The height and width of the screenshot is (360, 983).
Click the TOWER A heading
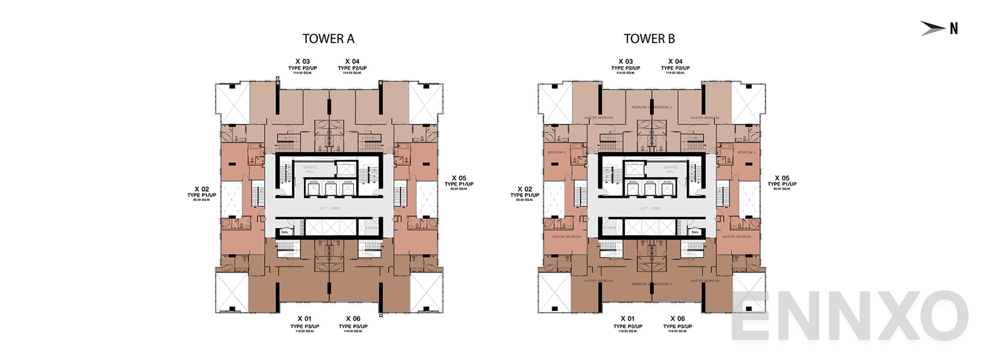[328, 39]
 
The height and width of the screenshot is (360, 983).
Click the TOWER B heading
[649, 39]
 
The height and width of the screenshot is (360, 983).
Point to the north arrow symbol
[933, 28]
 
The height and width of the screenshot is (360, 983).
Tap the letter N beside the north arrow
[954, 28]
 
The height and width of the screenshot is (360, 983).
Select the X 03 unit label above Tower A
[302, 61]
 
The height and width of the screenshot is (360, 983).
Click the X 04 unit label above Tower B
[675, 61]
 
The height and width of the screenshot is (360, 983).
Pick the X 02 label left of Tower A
[202, 189]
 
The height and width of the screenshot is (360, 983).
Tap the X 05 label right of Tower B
[781, 178]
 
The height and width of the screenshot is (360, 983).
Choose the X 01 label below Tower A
[304, 318]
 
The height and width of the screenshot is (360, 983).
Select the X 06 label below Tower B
[677, 318]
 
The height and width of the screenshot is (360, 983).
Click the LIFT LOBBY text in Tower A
[330, 209]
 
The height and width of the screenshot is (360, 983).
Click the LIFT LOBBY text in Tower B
[651, 209]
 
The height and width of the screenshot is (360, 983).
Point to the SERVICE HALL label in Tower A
[310, 169]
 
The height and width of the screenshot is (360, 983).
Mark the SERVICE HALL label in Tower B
[670, 169]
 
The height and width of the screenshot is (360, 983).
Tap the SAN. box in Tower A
[284, 232]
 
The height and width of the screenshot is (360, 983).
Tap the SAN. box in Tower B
[695, 232]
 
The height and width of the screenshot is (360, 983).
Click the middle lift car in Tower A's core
[330, 189]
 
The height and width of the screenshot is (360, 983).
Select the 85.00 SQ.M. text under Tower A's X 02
[202, 200]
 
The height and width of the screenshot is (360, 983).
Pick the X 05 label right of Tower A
[459, 178]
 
